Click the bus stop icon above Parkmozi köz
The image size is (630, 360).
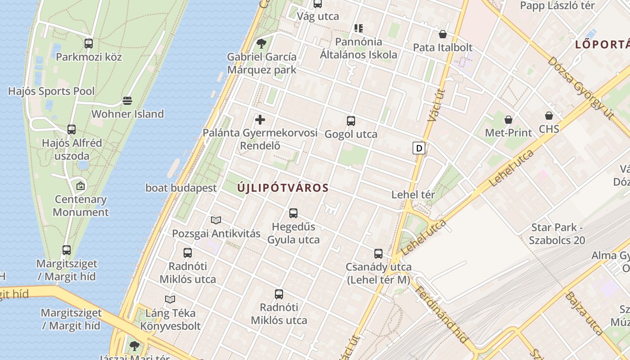(x=89, y=44)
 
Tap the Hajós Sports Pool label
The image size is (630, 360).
(x=51, y=91)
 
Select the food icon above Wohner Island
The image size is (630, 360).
(x=127, y=100)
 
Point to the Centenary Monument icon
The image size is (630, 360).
(x=81, y=185)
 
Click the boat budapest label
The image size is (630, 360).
(x=181, y=188)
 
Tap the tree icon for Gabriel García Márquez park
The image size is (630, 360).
(x=261, y=44)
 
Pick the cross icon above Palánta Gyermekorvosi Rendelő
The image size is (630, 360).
(x=260, y=120)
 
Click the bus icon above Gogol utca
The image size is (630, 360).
(x=351, y=121)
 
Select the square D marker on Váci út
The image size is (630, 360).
(x=419, y=148)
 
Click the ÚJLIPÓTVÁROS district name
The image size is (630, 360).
(x=283, y=188)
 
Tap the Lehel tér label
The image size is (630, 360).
(x=413, y=195)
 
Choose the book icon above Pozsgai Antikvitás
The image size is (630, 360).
(x=216, y=220)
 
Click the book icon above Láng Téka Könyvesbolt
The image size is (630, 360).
(x=170, y=299)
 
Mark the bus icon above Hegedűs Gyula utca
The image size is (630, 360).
(x=293, y=213)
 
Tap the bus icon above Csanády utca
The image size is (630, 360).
(x=378, y=254)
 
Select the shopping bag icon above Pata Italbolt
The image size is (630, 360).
(x=443, y=34)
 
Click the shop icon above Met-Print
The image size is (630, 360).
(x=508, y=120)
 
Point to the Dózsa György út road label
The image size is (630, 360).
(x=580, y=88)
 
